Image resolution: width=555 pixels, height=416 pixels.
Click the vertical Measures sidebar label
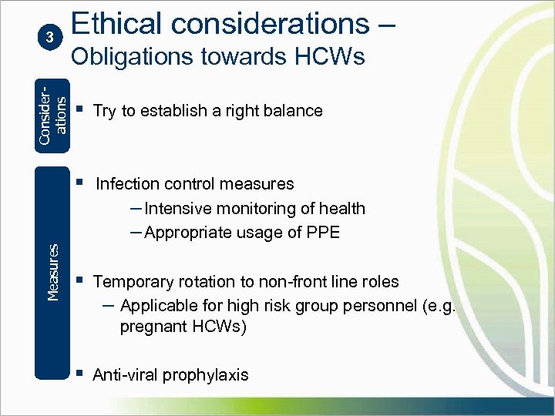[x=52, y=272]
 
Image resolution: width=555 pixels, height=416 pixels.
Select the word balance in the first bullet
[x=293, y=111]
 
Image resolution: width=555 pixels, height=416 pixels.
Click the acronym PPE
[x=324, y=233]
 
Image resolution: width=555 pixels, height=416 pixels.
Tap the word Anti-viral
[x=125, y=375]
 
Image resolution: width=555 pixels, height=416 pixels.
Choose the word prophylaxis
[x=205, y=375]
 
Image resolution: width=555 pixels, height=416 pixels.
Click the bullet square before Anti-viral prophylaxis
[x=79, y=374]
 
